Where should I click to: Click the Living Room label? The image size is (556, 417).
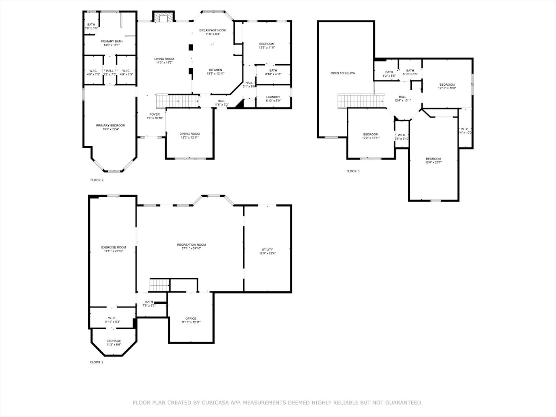[x=164, y=59]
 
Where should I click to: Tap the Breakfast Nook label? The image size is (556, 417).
[x=213, y=30]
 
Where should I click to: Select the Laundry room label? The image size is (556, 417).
[x=273, y=97]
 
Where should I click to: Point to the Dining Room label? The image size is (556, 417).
[x=190, y=134]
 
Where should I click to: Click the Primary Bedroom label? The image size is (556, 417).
[x=110, y=125]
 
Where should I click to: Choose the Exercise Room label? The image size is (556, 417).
[x=113, y=247]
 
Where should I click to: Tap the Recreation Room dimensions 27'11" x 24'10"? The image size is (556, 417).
[x=191, y=249]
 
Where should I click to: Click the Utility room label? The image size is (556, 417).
[x=267, y=250]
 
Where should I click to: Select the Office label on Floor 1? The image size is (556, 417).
[x=191, y=318]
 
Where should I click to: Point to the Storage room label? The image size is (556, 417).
[x=114, y=341]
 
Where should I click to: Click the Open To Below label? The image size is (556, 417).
[x=343, y=73]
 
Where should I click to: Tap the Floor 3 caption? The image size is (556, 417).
[x=353, y=171]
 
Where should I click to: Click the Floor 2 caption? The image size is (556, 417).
[x=97, y=180]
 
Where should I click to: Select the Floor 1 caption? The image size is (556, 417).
[x=97, y=362]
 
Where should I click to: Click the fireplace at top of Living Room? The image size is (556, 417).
[x=164, y=17]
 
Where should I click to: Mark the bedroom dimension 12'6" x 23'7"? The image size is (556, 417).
[x=433, y=163]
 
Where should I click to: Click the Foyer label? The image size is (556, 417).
[x=154, y=114]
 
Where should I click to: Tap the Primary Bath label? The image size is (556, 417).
[x=112, y=41]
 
